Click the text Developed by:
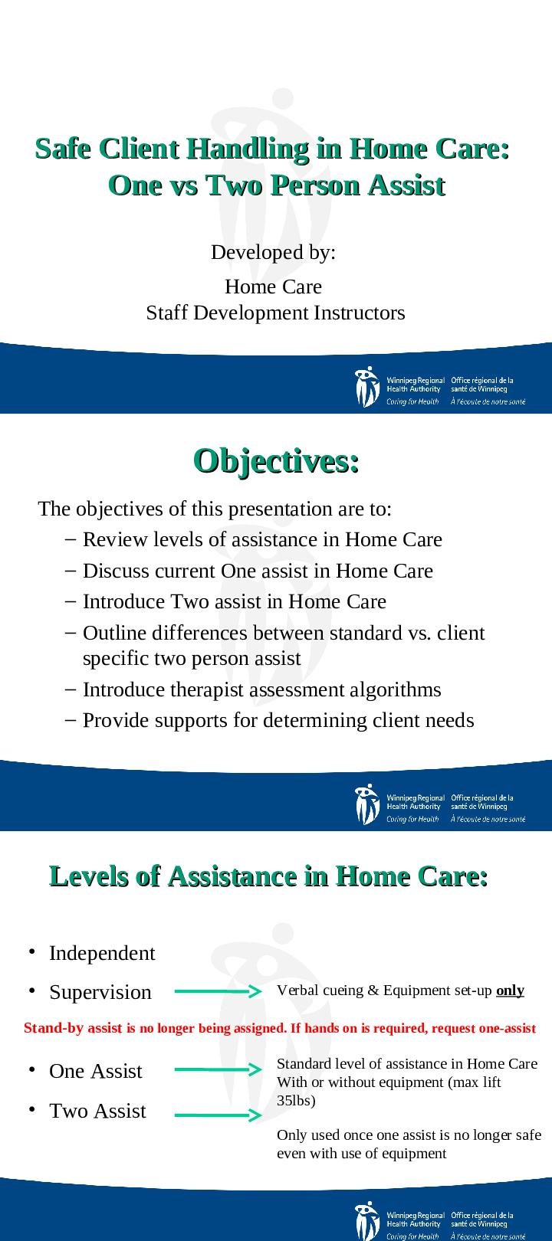tap(273, 252)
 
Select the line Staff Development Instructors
tap(275, 313)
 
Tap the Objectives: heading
tap(276, 461)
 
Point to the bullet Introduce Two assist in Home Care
tap(225, 601)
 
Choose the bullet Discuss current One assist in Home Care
tap(249, 571)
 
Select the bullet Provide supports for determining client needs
tap(269, 720)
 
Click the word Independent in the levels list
tap(102, 954)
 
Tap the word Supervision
tap(100, 992)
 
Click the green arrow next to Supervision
tap(218, 991)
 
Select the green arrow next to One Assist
tap(218, 1069)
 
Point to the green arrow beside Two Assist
tap(218, 1115)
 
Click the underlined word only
tap(510, 991)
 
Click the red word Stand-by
tap(54, 1028)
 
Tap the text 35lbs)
tap(296, 1100)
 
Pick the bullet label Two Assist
tap(97, 1111)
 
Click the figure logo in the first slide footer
tap(367, 387)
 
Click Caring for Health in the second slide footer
tap(412, 819)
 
